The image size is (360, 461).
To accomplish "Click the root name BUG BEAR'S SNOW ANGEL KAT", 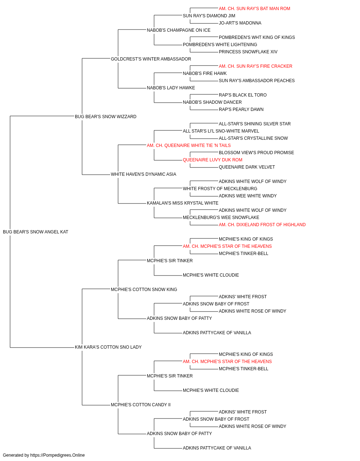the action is [x=35, y=232].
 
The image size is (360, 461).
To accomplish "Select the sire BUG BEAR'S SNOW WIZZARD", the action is [x=105, y=117].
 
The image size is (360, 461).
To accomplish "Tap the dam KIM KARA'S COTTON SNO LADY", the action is [x=108, y=347].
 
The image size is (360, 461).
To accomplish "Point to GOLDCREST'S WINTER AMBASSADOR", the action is [x=151, y=59].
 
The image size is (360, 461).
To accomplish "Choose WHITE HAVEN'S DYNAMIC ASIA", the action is [x=144, y=174].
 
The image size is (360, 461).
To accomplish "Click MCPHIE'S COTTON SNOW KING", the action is [x=144, y=289].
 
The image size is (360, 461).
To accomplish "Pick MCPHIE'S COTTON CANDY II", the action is [x=141, y=404].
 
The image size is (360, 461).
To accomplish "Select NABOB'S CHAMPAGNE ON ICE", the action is [x=179, y=30].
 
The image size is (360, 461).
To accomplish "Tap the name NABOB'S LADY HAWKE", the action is [x=171, y=88].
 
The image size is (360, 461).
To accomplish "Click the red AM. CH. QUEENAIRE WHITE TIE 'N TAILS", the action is [x=189, y=145].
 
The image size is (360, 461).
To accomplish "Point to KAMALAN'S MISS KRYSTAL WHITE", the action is [x=183, y=203].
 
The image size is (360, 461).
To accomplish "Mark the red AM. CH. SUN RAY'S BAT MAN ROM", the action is [x=255, y=9].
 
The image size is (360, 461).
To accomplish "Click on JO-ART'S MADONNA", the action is [x=240, y=23].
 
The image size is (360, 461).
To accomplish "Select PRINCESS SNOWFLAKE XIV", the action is [x=248, y=52].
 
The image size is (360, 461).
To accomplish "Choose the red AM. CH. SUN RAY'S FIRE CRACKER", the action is [x=256, y=66].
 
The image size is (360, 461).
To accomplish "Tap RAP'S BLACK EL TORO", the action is [x=243, y=95].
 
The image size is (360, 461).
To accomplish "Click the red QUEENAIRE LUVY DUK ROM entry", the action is [x=213, y=160].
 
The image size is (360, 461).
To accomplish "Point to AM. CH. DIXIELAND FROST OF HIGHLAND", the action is [x=262, y=225].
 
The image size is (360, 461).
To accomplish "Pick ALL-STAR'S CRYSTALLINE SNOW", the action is [x=253, y=138].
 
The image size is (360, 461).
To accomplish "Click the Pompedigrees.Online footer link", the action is [x=58, y=455].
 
